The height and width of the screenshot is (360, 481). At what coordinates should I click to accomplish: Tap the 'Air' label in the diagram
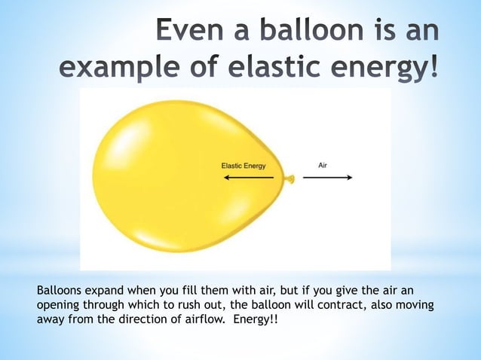click(323, 164)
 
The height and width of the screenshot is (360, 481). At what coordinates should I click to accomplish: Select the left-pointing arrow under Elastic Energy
click(248, 178)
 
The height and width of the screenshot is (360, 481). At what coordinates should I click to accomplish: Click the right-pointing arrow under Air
click(328, 178)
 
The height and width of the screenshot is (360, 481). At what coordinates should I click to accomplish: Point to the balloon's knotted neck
click(289, 179)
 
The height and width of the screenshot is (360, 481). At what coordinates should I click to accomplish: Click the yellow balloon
click(173, 181)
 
